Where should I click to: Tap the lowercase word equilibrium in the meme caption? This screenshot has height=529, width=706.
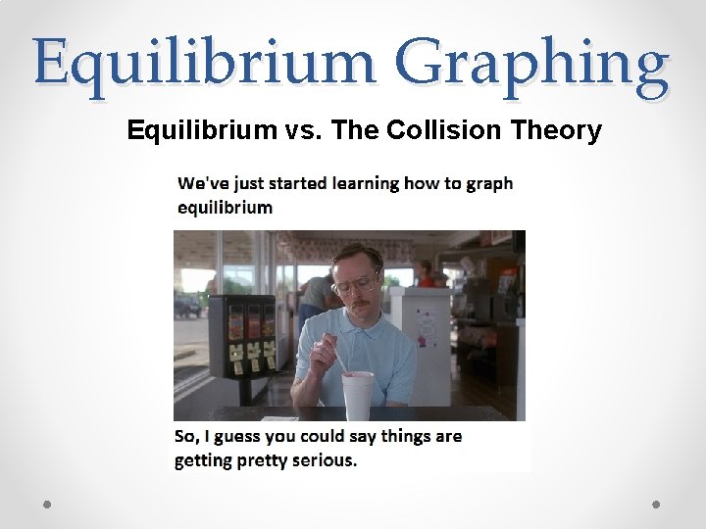pyautogui.click(x=225, y=207)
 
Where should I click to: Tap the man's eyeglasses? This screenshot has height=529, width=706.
pyautogui.click(x=355, y=285)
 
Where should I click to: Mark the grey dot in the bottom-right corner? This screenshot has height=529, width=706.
pyautogui.click(x=656, y=504)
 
